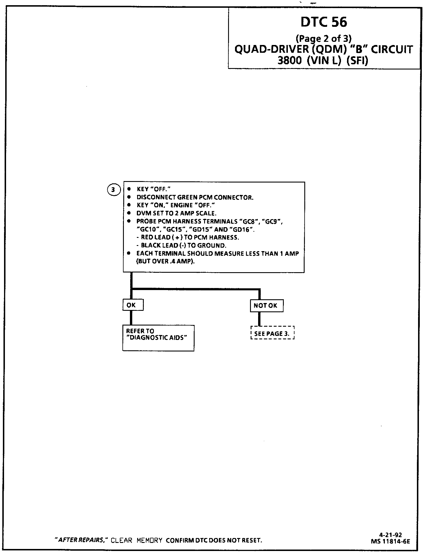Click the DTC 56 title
coord(323,22)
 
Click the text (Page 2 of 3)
coord(323,38)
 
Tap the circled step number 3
coord(113,189)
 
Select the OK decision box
coord(133,305)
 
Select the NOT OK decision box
coord(266,306)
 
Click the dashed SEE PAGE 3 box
coord(272,333)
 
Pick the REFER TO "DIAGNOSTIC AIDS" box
coord(158,338)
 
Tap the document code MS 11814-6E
coord(390,541)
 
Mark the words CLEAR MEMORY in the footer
coord(137,540)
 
